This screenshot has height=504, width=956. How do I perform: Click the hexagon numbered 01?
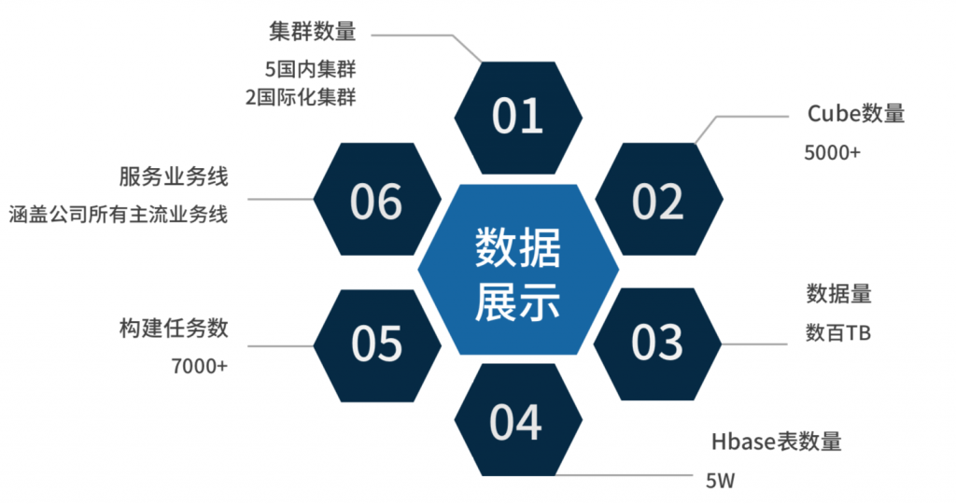(518, 117)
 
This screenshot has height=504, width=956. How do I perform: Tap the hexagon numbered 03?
(658, 343)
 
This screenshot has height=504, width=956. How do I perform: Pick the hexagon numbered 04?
(516, 422)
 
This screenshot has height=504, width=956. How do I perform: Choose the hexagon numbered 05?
(377, 343)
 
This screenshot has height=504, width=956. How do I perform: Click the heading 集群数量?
(311, 33)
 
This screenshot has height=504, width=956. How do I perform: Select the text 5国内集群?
(311, 69)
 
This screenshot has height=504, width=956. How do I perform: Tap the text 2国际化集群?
(301, 96)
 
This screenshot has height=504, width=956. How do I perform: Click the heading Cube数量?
(856, 114)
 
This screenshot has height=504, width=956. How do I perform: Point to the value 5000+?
(832, 152)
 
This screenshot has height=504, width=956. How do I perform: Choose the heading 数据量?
(838, 294)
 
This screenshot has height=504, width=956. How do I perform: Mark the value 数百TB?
(838, 332)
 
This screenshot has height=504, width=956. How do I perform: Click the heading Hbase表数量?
(776, 441)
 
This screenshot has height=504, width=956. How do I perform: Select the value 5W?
(721, 482)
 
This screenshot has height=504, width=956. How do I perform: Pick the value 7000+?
(200, 366)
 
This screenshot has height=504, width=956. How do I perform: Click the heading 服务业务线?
(174, 176)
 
